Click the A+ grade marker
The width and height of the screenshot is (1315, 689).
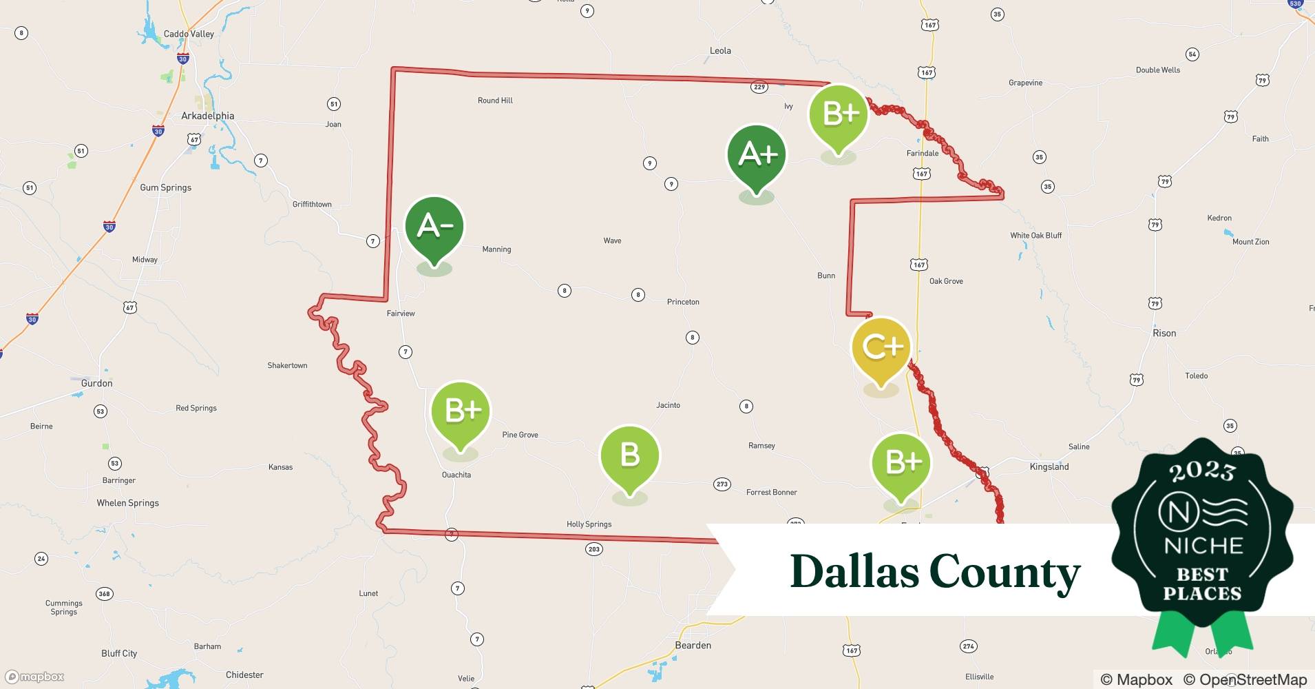coord(757,156)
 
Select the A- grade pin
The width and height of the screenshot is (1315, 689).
coord(434,227)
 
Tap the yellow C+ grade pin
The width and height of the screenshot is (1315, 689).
coord(881,347)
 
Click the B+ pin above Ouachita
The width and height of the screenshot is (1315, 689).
coord(461,411)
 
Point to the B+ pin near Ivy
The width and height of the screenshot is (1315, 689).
coord(838,115)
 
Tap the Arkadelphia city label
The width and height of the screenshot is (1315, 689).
coord(207,116)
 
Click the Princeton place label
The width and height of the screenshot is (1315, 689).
coord(683,302)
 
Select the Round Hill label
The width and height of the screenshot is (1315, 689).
coord(495,101)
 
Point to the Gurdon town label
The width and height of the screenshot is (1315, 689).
coord(96,383)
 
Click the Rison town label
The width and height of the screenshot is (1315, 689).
coord(1164,333)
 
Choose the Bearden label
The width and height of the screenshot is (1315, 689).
coord(693,645)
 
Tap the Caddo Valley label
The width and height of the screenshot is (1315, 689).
coord(189,34)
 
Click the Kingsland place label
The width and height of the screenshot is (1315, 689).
coord(1049,466)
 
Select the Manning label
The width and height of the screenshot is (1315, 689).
coord(496,249)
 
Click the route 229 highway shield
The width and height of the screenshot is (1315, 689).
coord(759,87)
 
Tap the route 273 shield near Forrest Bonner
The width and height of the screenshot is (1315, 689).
coord(722,484)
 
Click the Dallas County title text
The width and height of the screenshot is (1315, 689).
coord(935,572)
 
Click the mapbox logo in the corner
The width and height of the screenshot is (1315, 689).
coord(35,677)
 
